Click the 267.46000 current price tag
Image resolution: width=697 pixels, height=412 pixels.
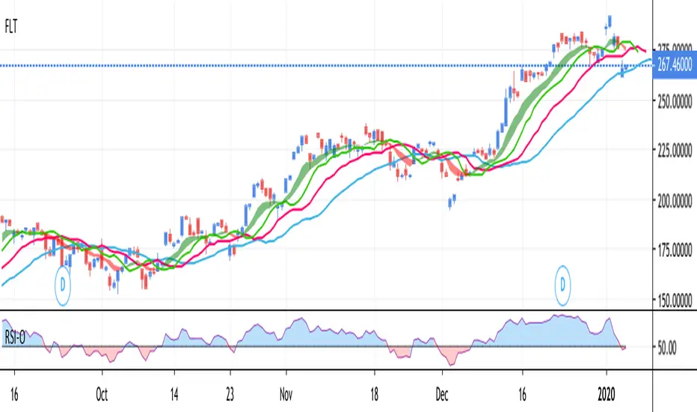(x=674, y=65)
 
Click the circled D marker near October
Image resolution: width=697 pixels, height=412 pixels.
(x=65, y=285)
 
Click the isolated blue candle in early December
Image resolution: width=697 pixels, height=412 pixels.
(x=452, y=200)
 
